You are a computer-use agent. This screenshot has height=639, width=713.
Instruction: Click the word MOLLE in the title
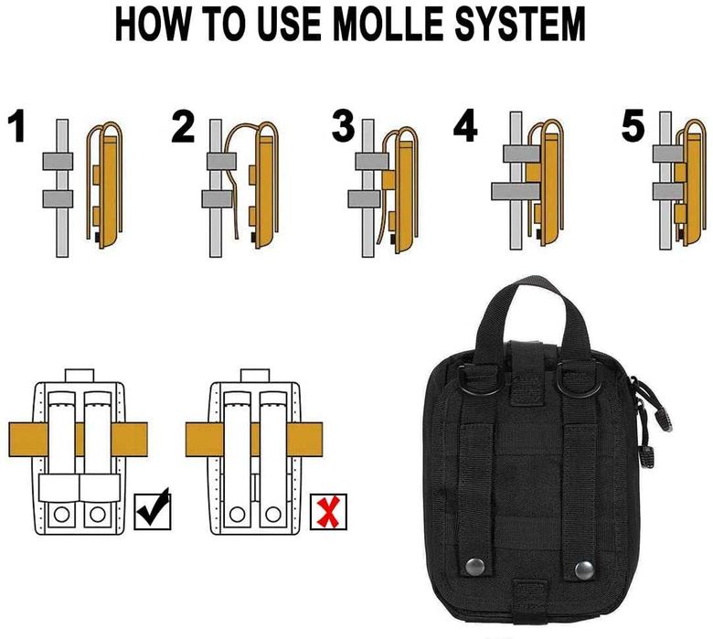click(x=389, y=24)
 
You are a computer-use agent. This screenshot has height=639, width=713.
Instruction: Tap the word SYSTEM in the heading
click(x=520, y=24)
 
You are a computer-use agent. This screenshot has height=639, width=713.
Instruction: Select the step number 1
click(x=17, y=126)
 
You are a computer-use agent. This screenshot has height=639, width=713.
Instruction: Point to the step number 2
click(x=183, y=127)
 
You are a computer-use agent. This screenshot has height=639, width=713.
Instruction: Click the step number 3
click(x=343, y=125)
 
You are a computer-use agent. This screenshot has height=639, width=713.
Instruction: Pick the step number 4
click(x=465, y=126)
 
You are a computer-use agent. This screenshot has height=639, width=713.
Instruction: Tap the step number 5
click(x=633, y=125)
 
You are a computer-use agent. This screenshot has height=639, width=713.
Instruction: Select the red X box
click(x=328, y=512)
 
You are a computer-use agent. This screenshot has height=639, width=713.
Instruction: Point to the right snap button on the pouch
click(x=584, y=570)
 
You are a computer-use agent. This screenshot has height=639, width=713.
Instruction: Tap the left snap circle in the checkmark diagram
click(x=61, y=515)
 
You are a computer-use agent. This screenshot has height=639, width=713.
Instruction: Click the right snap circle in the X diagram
click(x=272, y=515)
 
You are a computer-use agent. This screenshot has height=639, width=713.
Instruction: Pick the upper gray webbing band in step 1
click(x=58, y=162)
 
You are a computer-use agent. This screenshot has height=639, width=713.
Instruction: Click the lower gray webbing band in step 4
click(x=516, y=191)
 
